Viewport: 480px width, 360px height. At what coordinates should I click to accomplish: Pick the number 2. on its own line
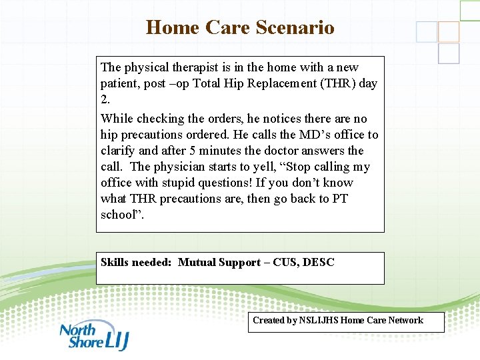click(x=105, y=99)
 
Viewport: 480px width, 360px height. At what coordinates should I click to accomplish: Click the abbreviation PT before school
click(x=339, y=199)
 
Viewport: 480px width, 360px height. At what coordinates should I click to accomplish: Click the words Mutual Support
click(x=219, y=263)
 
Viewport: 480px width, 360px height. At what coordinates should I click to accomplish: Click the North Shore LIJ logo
click(x=94, y=336)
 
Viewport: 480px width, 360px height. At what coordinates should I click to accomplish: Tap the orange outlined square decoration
click(x=449, y=31)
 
